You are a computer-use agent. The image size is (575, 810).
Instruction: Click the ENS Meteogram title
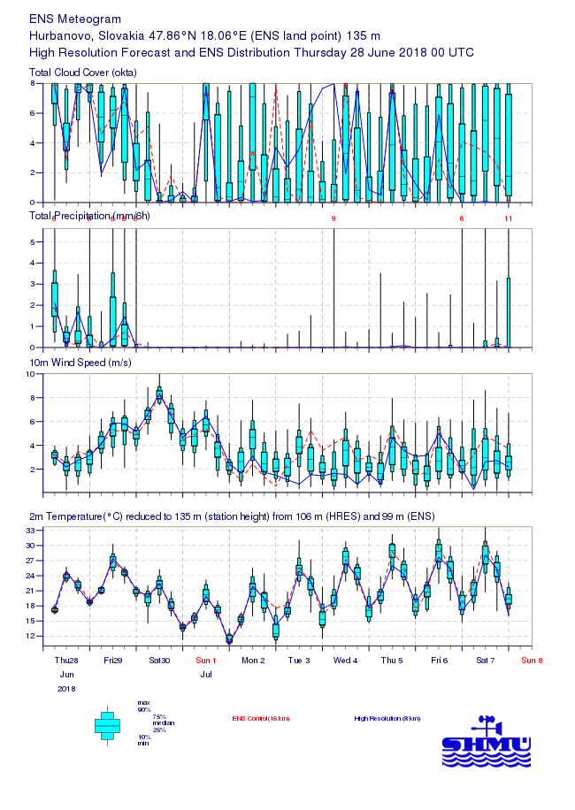tap(75, 19)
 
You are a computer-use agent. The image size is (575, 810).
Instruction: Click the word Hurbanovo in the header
tap(58, 35)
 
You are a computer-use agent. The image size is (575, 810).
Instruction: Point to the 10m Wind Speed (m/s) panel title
tap(84, 363)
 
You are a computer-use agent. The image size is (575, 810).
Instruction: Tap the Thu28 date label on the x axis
tap(66, 660)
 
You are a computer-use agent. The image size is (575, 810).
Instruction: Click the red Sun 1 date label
tap(206, 660)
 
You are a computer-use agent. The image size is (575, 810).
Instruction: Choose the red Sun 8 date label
tap(532, 660)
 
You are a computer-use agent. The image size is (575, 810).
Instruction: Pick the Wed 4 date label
tap(346, 660)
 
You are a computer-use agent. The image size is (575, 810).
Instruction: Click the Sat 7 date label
tap(486, 660)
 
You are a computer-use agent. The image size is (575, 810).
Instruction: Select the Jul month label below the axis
tap(206, 674)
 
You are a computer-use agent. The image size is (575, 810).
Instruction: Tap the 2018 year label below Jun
tap(66, 688)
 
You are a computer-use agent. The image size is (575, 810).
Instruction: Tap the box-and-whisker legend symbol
tap(107, 724)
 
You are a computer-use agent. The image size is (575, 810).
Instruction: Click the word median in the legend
tap(161, 723)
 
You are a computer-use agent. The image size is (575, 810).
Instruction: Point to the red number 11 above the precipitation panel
tap(509, 218)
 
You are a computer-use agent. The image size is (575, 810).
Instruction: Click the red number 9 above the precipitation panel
tap(333, 218)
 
